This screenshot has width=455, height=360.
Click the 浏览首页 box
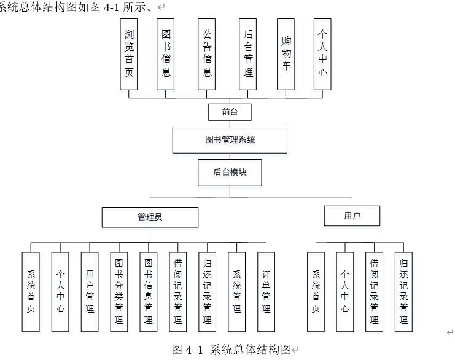tap(129, 54)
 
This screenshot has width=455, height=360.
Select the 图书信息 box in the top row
tap(166, 54)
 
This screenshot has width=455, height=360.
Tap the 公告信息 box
tap(208, 54)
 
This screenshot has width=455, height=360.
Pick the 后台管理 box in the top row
tap(248, 54)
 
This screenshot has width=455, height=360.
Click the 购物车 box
tap(286, 54)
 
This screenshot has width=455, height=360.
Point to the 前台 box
tap(230, 112)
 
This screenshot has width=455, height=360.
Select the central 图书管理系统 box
tap(230, 139)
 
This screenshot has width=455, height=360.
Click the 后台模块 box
tap(230, 173)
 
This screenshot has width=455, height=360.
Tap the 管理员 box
tap(150, 217)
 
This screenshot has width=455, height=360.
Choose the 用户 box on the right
tap(352, 216)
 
